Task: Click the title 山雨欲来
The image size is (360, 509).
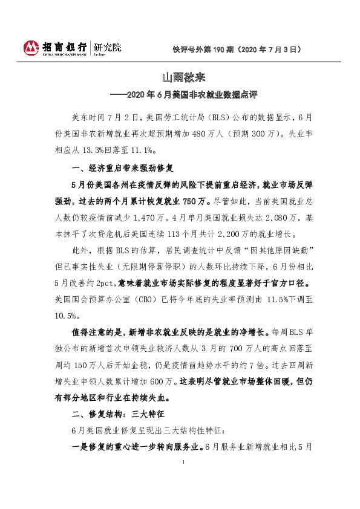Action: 180,79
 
